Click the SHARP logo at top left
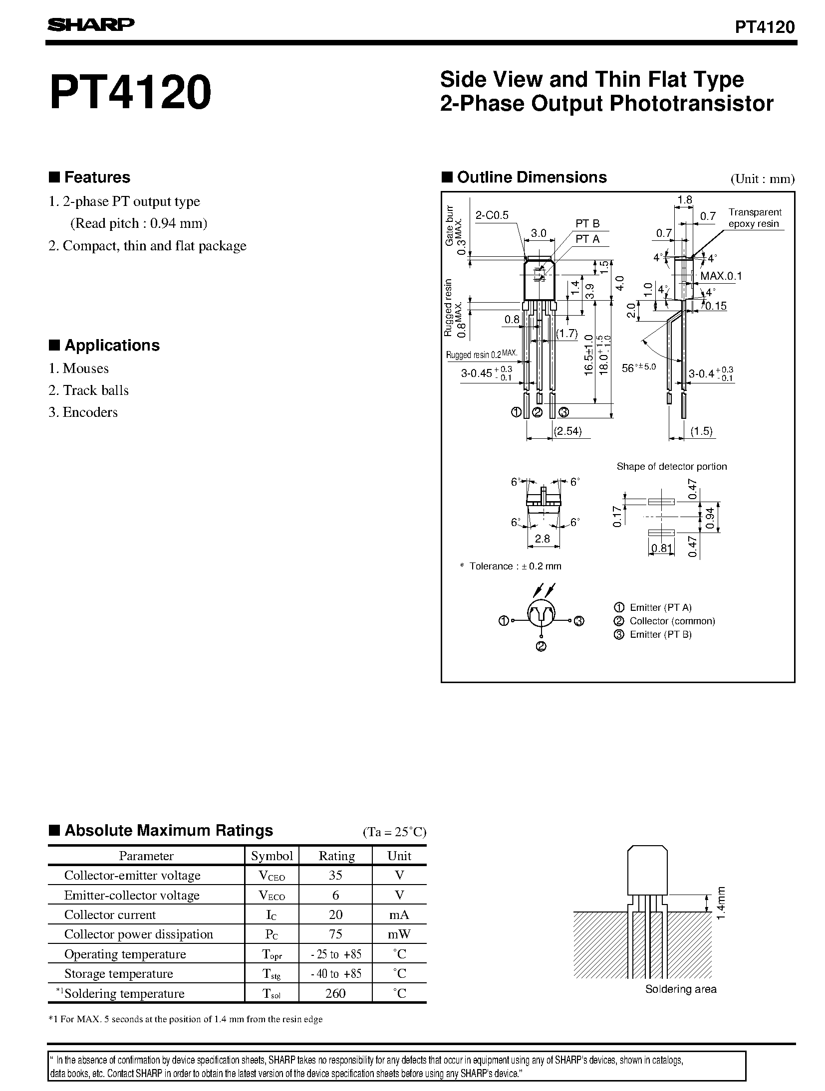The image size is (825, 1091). [x=90, y=25]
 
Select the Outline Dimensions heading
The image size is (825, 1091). [x=532, y=178]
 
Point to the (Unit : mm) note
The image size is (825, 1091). [x=762, y=179]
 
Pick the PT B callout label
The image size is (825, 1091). [x=587, y=224]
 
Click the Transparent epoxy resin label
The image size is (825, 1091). [x=754, y=218]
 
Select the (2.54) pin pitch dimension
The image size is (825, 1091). [x=568, y=432]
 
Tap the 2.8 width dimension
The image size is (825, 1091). [x=542, y=539]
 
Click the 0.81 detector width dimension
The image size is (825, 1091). [x=661, y=549]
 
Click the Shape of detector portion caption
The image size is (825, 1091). [x=671, y=467]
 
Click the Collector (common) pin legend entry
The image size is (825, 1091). [x=672, y=621]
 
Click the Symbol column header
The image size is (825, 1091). [x=272, y=856]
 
